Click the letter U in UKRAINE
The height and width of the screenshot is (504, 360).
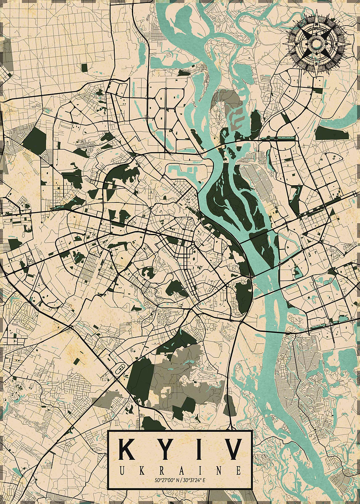click(x=121, y=470)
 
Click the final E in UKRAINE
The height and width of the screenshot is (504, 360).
click(x=239, y=470)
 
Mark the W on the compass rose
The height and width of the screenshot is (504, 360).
click(x=297, y=44)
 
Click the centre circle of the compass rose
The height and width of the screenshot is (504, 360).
click(x=316, y=44)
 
